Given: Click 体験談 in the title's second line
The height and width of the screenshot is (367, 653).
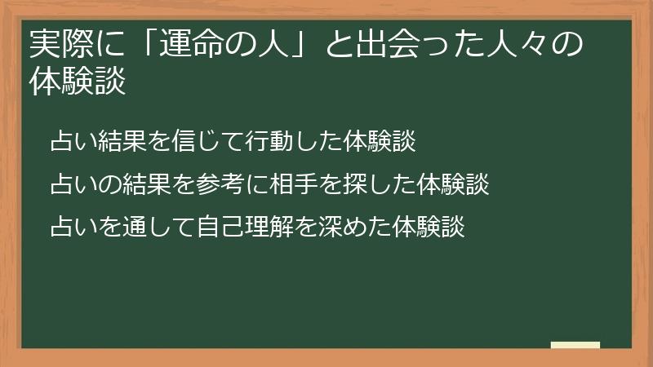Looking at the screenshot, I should pos(78,83).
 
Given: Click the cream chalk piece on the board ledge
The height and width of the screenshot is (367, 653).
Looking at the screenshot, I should pos(575,346).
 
